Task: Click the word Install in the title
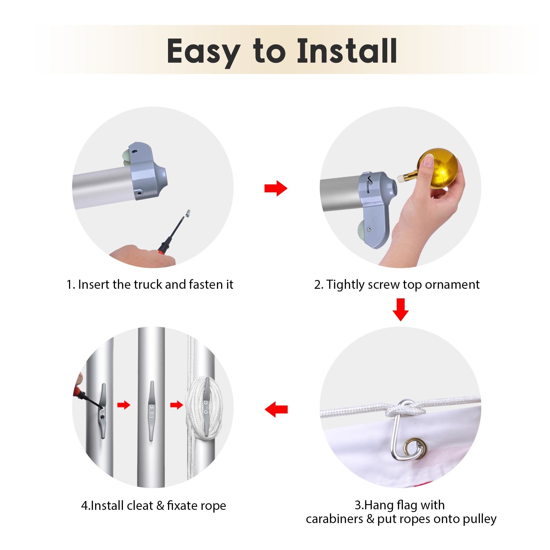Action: click(x=347, y=51)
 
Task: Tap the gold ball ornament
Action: click(x=438, y=169)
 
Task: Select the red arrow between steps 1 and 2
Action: click(x=276, y=188)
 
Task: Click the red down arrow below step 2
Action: click(x=401, y=310)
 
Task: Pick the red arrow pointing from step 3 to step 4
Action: click(x=276, y=409)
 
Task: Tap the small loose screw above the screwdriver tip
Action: click(x=188, y=213)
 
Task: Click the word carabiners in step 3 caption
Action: click(x=334, y=519)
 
